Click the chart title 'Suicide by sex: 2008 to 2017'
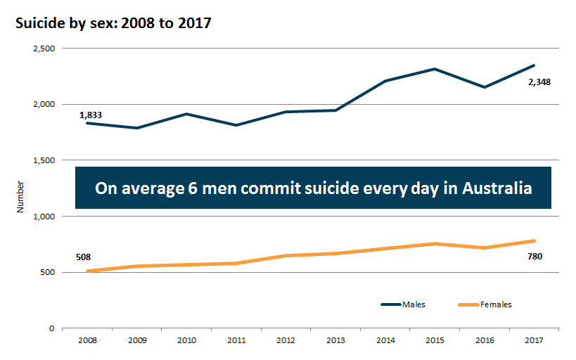pos(113,22)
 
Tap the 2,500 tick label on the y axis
pos(44,49)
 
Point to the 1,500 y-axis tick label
pos(44,160)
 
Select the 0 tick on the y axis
pos(51,328)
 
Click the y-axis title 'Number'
pos(22,197)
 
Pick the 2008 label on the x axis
pos(87,340)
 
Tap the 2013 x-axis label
pos(335,340)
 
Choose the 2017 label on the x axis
pos(534,340)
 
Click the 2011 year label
pos(236,340)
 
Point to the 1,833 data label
pos(91,115)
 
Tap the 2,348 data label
pos(539,82)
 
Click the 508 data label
pos(83,257)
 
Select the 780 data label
pos(535,256)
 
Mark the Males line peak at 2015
pos(435,69)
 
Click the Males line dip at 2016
pos(485,87)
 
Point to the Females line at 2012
pos(286,255)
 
